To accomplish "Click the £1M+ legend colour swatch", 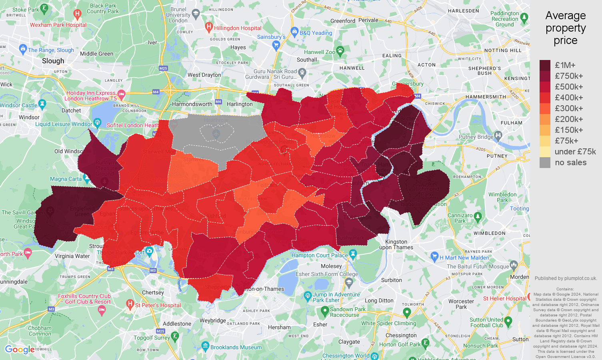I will pos(545,65).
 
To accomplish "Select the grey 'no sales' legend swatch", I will pos(545,162).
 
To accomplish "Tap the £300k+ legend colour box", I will pos(545,108).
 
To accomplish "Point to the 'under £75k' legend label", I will pos(575,152).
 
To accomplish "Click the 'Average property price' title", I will pos(565,28).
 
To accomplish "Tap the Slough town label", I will pos(53,61).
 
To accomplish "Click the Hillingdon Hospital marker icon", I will pos(208,27).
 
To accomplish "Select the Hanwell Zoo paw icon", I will pos(340,50).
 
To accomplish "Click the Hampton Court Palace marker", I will pos(353,254).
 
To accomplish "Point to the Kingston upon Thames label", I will pos(396,244).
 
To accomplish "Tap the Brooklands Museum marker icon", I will pos(205,346).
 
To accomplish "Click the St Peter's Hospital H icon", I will pos(130,304).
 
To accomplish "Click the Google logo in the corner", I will pos(19,350).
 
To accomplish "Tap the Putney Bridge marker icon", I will pos(498,135).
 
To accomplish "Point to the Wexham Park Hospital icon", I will pos(78,14).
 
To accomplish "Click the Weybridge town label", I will pos(213,320).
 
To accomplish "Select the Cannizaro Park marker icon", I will pos(478,217).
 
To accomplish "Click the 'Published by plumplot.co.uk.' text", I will pos(566,278).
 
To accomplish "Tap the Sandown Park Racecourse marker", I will pos(324,311).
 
